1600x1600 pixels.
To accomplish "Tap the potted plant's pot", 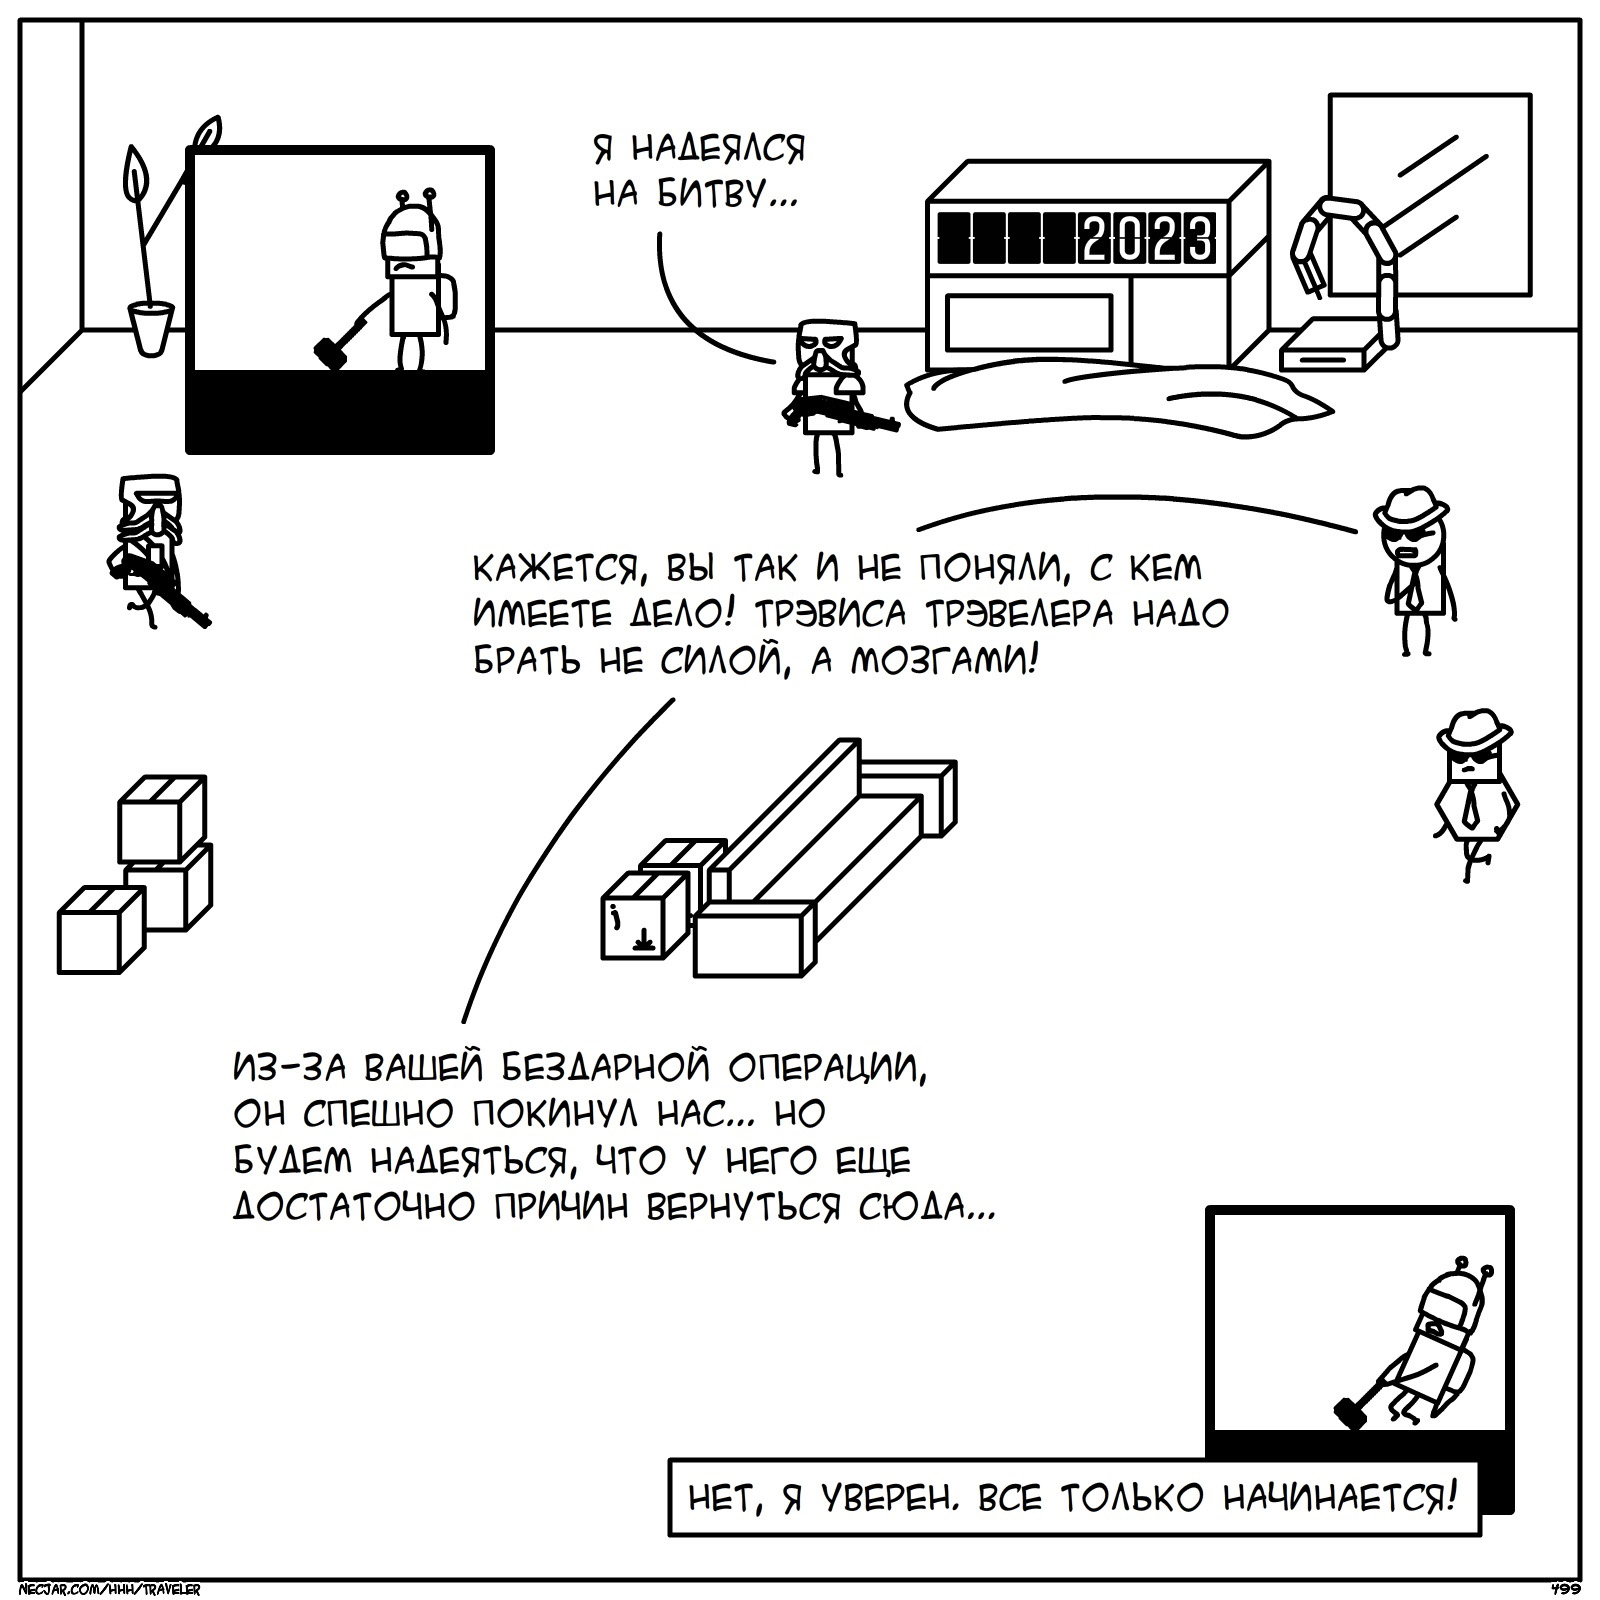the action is (x=151, y=328).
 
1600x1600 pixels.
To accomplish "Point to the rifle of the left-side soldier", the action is (x=160, y=590).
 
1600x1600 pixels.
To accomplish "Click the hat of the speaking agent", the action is (x=1411, y=505).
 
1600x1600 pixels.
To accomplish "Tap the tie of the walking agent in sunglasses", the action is (x=1471, y=805).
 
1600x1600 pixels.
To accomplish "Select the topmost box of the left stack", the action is (x=162, y=817).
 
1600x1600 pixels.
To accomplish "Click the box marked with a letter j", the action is (x=643, y=915).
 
